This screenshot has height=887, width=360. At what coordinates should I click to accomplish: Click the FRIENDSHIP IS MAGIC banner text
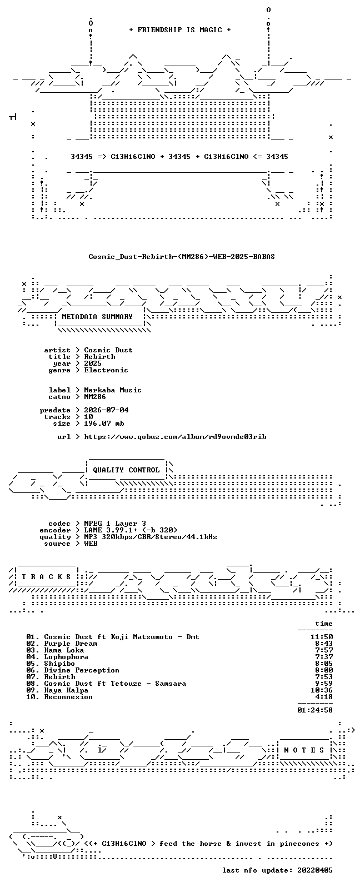(180, 30)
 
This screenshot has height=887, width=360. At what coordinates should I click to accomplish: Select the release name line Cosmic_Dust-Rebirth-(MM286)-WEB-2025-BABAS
(181, 257)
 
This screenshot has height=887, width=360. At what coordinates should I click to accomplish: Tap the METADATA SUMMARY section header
(97, 317)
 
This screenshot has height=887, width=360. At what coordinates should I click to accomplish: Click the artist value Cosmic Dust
(108, 350)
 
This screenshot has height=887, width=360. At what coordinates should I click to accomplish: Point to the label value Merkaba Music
(112, 390)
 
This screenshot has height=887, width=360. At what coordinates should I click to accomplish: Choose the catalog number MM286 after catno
(94, 397)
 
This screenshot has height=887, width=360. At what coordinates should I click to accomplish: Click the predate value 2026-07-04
(106, 410)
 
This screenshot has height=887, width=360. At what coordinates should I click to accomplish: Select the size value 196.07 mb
(104, 423)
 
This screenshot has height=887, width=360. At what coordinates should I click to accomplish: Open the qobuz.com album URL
(175, 437)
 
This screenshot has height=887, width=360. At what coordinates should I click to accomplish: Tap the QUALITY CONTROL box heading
(126, 470)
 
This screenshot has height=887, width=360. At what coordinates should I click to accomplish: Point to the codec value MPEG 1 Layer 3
(115, 524)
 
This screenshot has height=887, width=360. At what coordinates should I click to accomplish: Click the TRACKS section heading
(46, 576)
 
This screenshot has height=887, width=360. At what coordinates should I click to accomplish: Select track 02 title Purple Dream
(71, 644)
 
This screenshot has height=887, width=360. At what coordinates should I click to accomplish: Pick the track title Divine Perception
(82, 670)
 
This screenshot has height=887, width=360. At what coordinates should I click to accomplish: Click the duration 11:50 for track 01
(322, 637)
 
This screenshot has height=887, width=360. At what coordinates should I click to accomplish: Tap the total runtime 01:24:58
(315, 710)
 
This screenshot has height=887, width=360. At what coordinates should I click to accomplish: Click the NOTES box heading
(304, 750)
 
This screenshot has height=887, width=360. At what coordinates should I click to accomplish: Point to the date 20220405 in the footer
(315, 870)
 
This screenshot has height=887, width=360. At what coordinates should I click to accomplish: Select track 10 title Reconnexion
(68, 697)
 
